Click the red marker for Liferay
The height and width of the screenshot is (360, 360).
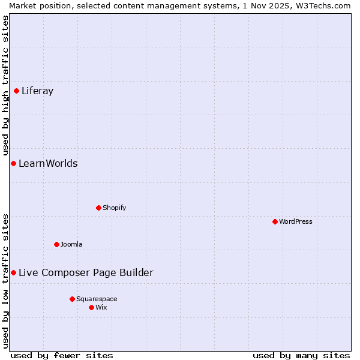17,91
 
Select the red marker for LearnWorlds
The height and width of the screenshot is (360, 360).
13,164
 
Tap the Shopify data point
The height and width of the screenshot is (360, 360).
98,208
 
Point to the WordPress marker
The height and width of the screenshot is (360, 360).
275,222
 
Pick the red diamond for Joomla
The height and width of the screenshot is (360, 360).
56,245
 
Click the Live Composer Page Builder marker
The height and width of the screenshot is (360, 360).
13,273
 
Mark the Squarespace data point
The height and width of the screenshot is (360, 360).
72,299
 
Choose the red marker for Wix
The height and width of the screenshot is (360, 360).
91,308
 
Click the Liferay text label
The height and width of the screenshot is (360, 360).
37,91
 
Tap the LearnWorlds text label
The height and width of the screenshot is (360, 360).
48,164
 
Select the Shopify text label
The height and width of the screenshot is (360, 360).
114,208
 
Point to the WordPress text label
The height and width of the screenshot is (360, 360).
296,222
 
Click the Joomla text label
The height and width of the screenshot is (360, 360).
71,245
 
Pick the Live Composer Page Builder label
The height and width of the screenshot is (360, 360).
86,273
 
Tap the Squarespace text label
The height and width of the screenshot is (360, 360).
97,299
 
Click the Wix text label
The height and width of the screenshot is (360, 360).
101,308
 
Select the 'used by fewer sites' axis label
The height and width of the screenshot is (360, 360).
62,355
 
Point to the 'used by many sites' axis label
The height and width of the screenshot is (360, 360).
301,355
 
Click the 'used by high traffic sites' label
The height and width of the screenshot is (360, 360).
5,86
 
